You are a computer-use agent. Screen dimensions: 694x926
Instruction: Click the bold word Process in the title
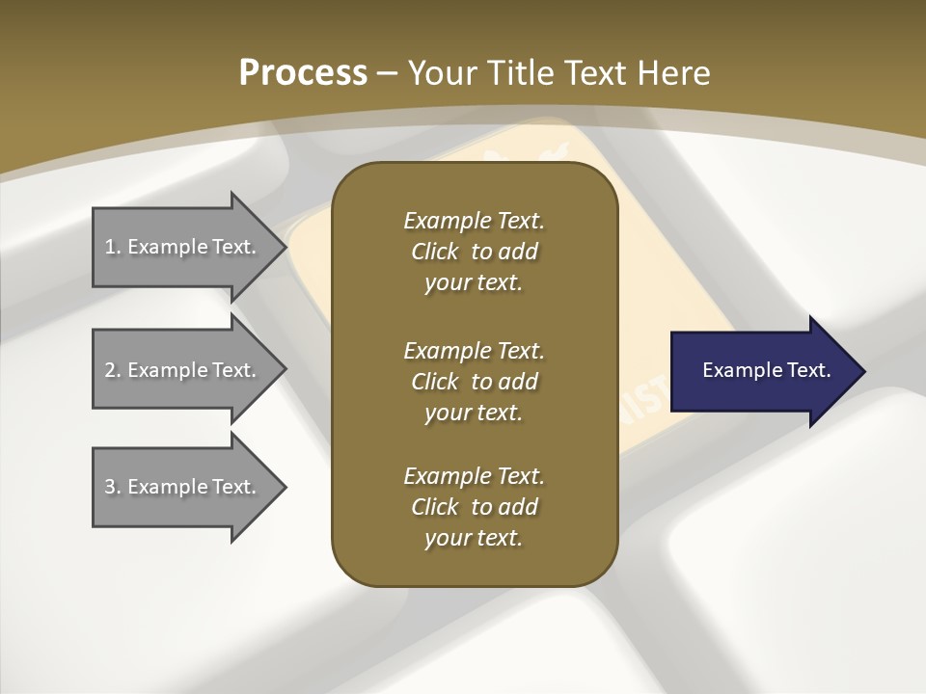(303, 73)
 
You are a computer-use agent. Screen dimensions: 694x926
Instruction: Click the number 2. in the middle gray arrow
(113, 370)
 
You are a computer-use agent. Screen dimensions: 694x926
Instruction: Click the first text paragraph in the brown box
(474, 252)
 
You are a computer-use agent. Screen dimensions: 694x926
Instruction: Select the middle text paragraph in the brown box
(474, 381)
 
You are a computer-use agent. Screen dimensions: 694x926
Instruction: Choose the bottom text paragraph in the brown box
(474, 507)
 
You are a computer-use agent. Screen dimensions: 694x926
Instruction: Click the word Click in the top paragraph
(435, 252)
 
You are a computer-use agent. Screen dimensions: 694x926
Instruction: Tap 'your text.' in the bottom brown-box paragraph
(474, 538)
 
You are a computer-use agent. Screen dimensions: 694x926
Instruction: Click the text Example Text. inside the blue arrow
(766, 370)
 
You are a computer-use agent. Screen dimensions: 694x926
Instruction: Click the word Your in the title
(442, 73)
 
